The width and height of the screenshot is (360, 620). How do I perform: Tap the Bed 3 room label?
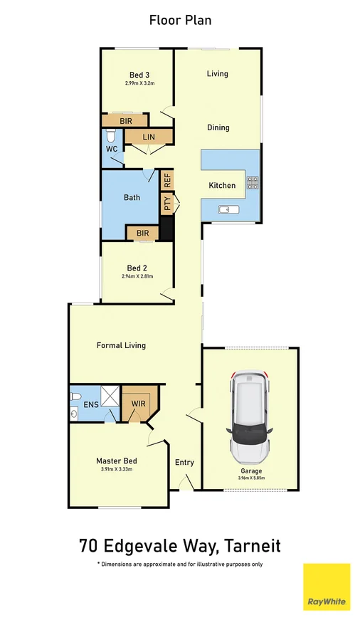click(x=139, y=75)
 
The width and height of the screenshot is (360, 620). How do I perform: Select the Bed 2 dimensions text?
click(x=137, y=276)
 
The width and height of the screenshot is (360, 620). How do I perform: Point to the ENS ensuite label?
click(x=90, y=405)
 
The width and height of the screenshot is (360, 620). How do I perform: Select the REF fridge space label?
click(x=168, y=179)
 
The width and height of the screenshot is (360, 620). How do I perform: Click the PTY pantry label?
click(x=166, y=205)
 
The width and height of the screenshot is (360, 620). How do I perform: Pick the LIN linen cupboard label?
click(x=149, y=137)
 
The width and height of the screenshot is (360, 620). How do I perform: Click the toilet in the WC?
click(x=110, y=136)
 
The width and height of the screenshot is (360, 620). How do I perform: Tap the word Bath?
click(x=132, y=198)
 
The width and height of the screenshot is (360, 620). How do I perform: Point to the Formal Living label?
click(x=121, y=345)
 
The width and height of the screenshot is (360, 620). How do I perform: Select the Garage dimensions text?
click(x=250, y=478)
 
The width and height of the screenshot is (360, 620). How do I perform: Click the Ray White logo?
click(x=327, y=587)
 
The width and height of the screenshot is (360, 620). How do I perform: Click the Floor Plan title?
click(x=180, y=21)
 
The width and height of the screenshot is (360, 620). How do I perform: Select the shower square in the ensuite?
click(x=109, y=396)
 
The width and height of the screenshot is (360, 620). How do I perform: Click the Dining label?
click(x=218, y=128)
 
